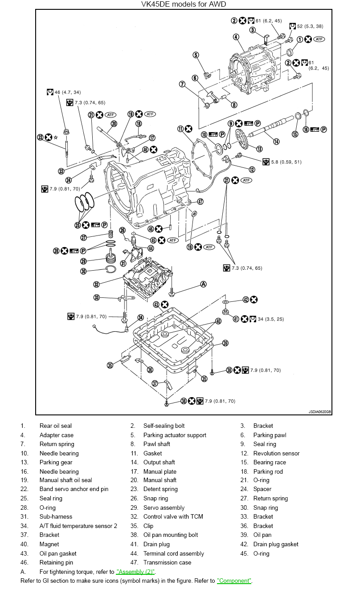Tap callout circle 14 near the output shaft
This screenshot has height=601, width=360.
276,142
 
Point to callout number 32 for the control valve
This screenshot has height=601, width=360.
97,284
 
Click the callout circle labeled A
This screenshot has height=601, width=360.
204,284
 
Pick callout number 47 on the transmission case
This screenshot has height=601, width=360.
200,201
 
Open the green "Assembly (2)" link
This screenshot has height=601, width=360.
135,572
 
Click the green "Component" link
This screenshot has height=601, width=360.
234,581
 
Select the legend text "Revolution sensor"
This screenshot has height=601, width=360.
276,453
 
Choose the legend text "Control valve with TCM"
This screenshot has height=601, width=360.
173,516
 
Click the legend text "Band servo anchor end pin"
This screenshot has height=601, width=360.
74,489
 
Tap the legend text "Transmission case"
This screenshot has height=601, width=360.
167,562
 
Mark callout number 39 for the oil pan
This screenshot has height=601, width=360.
225,343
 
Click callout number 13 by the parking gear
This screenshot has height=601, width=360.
259,149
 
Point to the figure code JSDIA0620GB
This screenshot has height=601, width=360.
319,412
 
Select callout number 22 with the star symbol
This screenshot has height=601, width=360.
41,137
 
